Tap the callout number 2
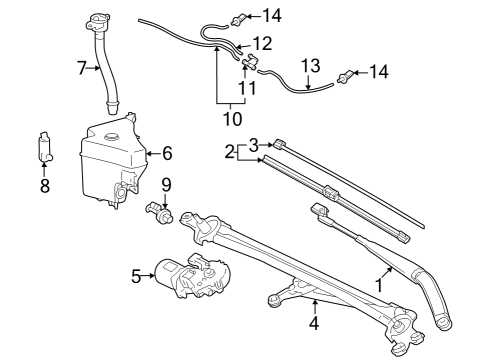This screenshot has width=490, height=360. pyautogui.click(x=229, y=152)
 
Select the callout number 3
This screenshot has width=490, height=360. pyautogui.click(x=254, y=143)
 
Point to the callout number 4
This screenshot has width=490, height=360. pyautogui.click(x=313, y=323)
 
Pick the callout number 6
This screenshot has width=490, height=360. pyautogui.click(x=167, y=153)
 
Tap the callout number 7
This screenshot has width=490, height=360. pyautogui.click(x=82, y=67)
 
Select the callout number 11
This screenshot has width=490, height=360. pyautogui.click(x=245, y=88)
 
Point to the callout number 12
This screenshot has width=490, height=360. pyautogui.click(x=261, y=44)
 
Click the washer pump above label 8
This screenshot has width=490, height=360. pyautogui.click(x=45, y=148)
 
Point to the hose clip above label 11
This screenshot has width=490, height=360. pyautogui.click(x=249, y=63)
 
